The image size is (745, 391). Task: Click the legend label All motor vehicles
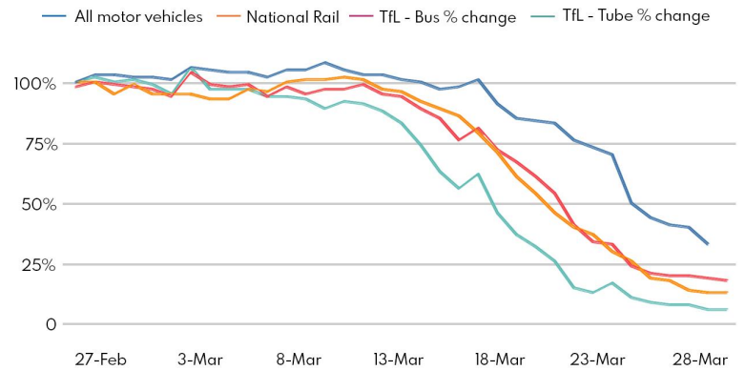coord(138,16)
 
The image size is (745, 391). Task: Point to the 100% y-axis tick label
coord(33,84)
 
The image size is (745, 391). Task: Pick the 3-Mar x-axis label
coord(199,360)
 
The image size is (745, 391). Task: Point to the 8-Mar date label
coord(299,360)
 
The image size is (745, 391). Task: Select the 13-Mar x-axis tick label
coord(398,360)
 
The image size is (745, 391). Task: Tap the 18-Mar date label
coord(498,360)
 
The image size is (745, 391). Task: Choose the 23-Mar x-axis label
coord(597,360)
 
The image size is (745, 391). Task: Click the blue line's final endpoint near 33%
coord(707,244)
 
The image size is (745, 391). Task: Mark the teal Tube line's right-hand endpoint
coord(727,309)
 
